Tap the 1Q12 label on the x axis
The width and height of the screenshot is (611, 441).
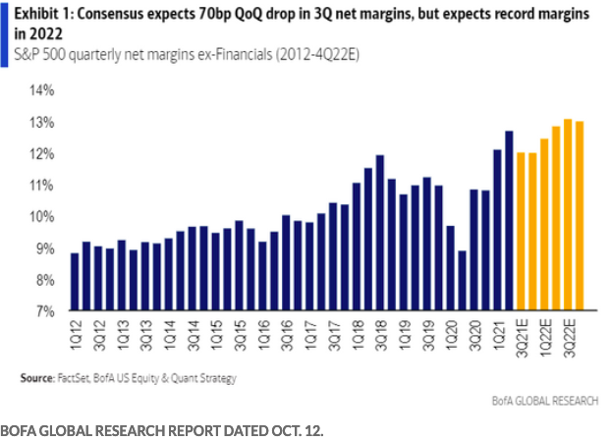(75, 331)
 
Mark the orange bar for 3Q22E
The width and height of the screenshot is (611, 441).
(568, 215)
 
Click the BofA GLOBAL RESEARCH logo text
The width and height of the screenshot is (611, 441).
(542, 402)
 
